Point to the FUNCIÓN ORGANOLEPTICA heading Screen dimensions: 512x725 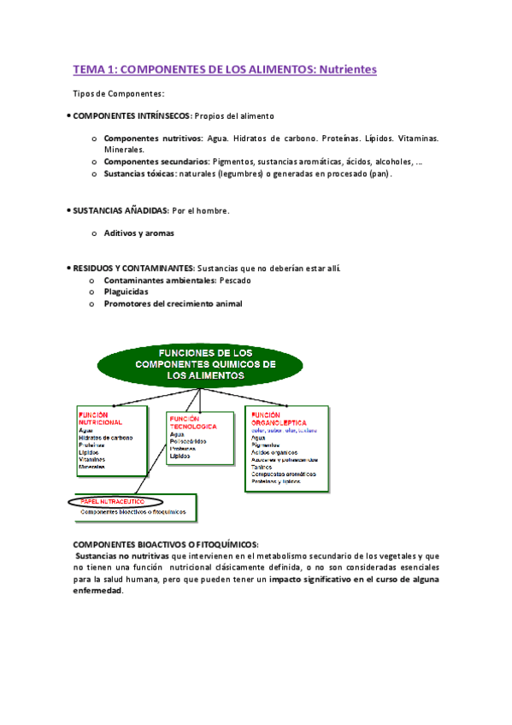[x=279, y=418]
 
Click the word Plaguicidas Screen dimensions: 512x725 [x=132, y=292]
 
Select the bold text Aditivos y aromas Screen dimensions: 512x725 [x=138, y=233]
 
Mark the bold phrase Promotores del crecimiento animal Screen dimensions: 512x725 [x=173, y=304]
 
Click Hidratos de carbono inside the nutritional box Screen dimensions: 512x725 [x=105, y=438]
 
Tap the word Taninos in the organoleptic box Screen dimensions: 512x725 [x=262, y=468]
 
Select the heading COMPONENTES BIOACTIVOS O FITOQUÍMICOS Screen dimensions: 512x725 [x=166, y=545]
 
